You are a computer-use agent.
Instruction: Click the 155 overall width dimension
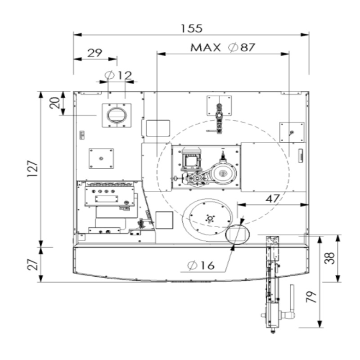(192, 28)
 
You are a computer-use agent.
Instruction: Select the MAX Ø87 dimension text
(223, 47)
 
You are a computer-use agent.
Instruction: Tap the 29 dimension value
(94, 53)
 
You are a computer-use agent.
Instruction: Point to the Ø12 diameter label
(118, 75)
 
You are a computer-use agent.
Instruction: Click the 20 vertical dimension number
(54, 103)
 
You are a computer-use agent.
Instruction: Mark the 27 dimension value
(32, 265)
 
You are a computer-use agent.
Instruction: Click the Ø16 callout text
(201, 265)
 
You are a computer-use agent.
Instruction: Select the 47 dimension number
(273, 199)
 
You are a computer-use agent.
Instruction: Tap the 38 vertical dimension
(329, 258)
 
